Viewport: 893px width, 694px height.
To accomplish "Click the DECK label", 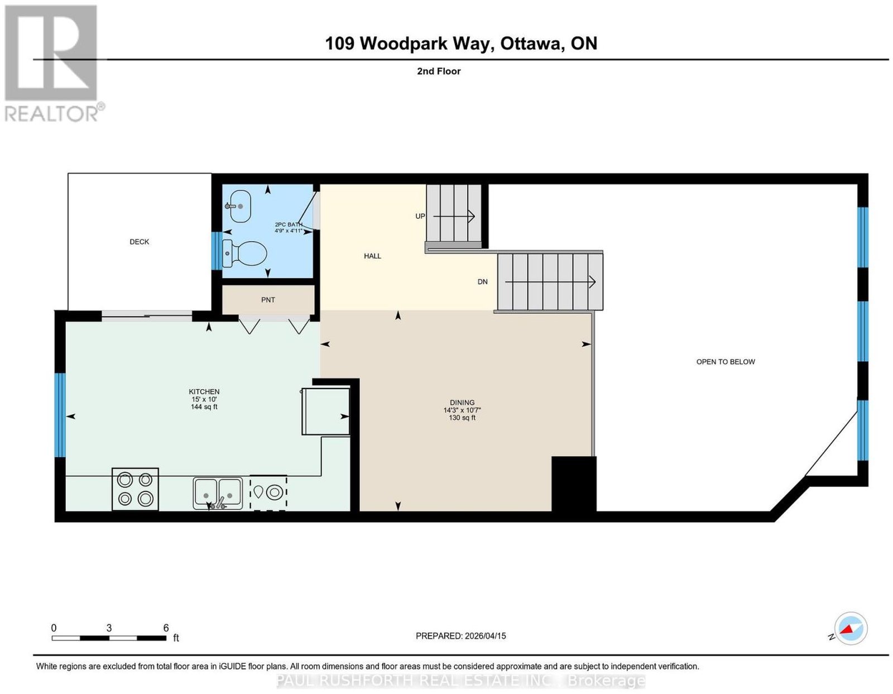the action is (x=139, y=242).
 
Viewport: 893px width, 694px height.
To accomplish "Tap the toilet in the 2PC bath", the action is (x=244, y=253).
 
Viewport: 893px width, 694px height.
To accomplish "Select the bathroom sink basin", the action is (x=238, y=206).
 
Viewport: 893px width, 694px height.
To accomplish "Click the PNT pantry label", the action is (x=268, y=300).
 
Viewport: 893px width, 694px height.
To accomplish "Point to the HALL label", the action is (x=372, y=256).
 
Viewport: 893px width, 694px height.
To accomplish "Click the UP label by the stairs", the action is (x=420, y=216).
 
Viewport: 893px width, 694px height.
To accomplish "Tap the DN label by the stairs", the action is (x=482, y=282).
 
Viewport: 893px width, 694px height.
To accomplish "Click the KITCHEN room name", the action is (x=204, y=391).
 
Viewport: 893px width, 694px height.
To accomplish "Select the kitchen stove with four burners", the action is (x=135, y=489).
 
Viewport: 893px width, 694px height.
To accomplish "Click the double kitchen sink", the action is (x=218, y=493).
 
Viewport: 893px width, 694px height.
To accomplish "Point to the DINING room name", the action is (x=462, y=403).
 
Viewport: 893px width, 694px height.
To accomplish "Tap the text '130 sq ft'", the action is (x=462, y=418).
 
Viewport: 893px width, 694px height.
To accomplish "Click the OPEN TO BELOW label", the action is (x=726, y=362).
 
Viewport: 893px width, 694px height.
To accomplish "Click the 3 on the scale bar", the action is (x=109, y=628).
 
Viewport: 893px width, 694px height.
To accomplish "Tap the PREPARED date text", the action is (x=460, y=636).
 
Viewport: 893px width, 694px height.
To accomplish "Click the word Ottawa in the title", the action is (x=531, y=44).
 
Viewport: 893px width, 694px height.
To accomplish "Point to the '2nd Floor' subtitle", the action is (x=439, y=71).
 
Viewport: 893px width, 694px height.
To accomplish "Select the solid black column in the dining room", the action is (x=574, y=484).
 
